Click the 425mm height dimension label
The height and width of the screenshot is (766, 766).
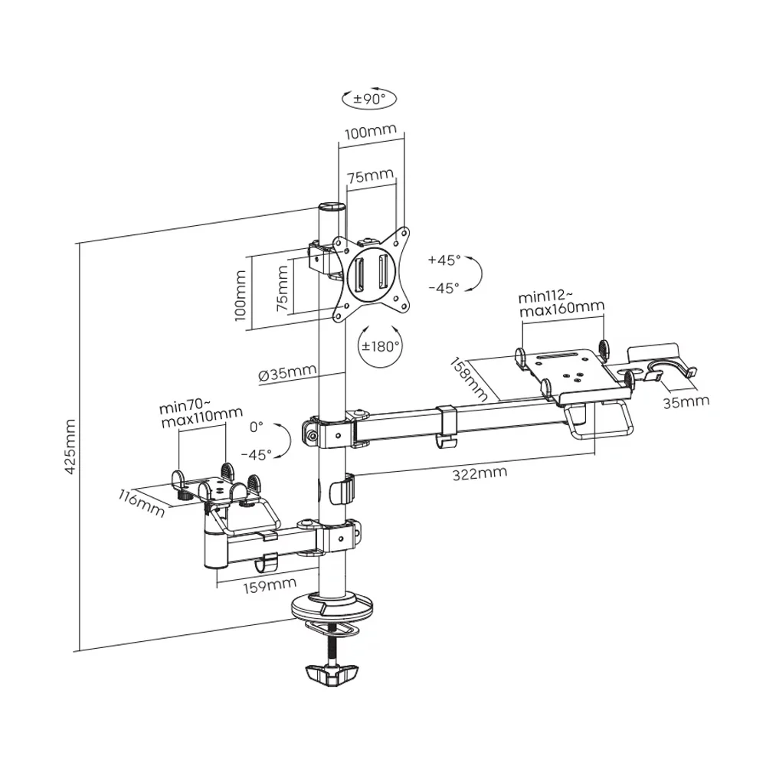tap(70, 447)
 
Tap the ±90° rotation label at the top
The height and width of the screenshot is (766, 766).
tap(369, 99)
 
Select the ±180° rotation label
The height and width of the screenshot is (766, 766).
tap(381, 345)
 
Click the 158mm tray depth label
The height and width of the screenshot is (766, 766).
tap(468, 378)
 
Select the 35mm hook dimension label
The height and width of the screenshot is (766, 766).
tap(686, 401)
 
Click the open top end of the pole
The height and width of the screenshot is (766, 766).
tap(332, 207)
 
